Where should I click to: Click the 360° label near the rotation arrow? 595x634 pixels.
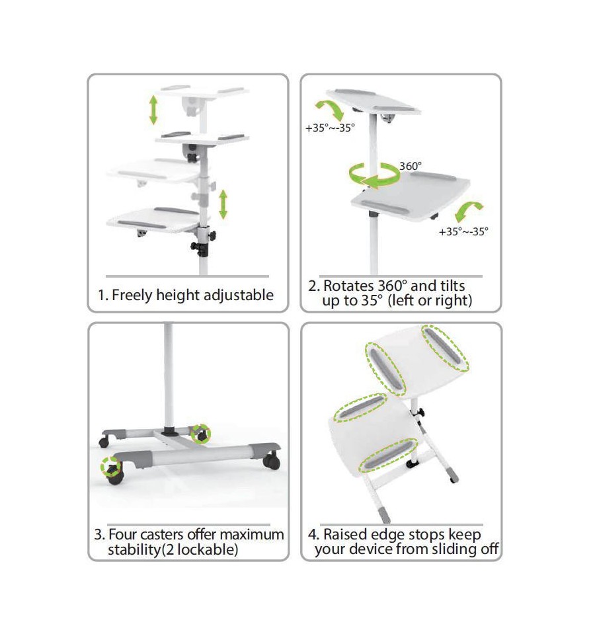pos(411,166)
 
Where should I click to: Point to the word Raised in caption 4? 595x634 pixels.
pos(345,535)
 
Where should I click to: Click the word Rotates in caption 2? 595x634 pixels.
pos(348,286)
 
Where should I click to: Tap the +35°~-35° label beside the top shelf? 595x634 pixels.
pos(330,128)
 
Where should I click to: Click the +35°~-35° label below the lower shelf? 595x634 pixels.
pos(463,231)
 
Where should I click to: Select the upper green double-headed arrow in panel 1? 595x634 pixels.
pos(153,110)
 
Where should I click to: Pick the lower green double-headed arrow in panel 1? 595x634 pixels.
pos(223,204)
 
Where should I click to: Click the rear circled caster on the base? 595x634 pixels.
pos(201,434)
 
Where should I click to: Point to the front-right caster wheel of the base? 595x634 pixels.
pos(272,461)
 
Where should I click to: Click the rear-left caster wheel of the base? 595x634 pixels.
pos(104,442)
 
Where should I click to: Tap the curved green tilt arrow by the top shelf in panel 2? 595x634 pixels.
pos(331,109)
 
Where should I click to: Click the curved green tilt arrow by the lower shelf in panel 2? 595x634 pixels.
pos(468,210)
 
